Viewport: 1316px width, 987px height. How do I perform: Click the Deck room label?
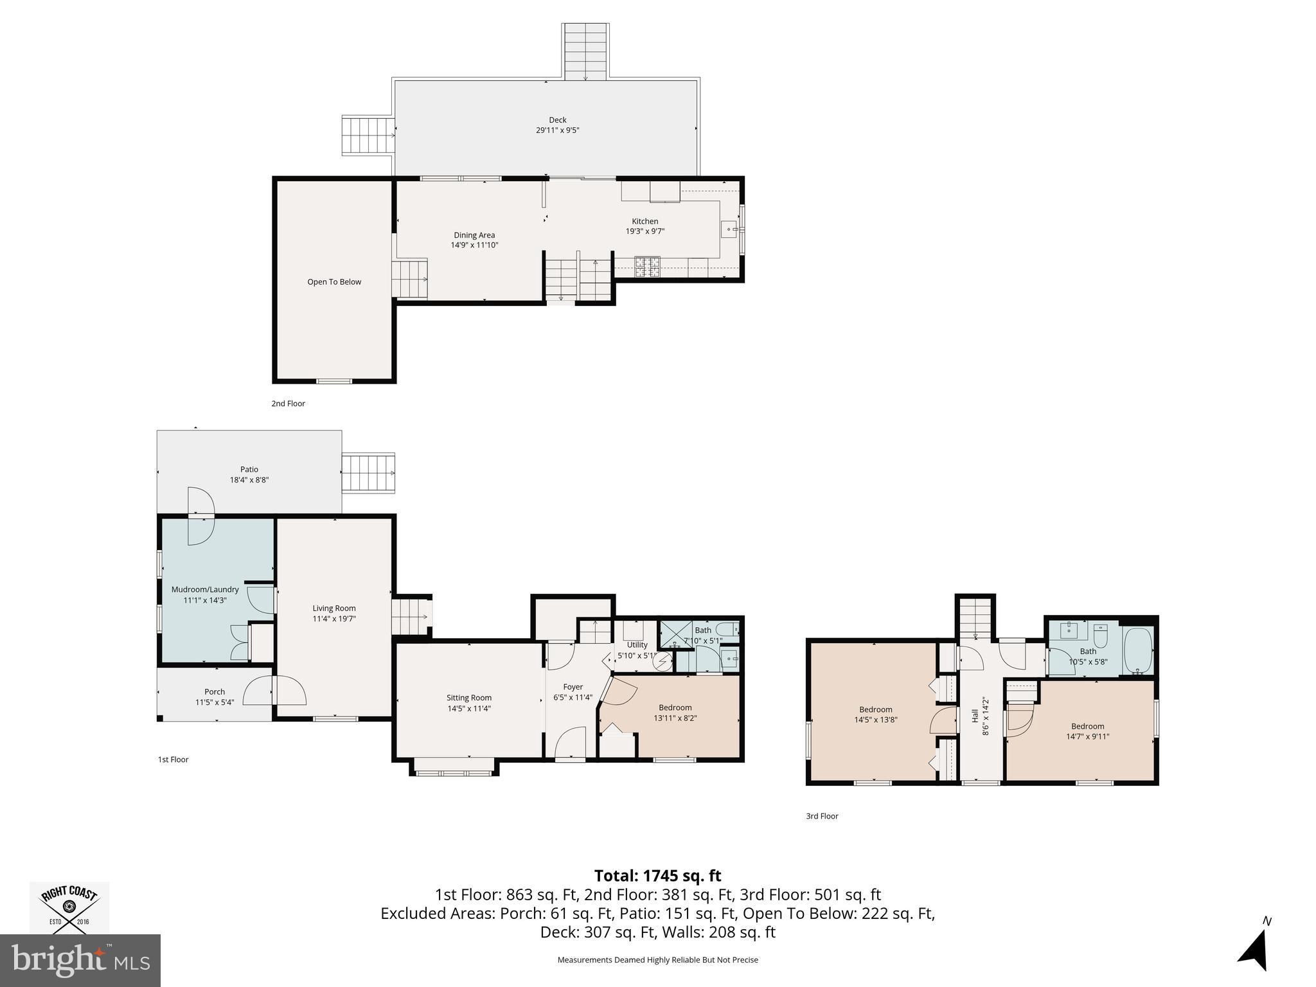[x=558, y=120]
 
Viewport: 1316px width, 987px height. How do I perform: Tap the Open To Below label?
[x=334, y=281]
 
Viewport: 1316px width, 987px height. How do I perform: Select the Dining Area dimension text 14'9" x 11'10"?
[x=475, y=245]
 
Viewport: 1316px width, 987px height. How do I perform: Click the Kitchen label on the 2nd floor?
[x=645, y=221]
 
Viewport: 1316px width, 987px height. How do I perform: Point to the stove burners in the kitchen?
[x=648, y=267]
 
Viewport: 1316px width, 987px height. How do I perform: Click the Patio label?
[x=249, y=469]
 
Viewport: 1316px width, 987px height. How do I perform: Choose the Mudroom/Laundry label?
[x=205, y=589]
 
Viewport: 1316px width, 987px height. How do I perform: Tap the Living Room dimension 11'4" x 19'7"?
[x=334, y=619]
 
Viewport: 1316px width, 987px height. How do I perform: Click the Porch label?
[x=215, y=692]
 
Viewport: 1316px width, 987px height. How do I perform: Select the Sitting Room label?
[x=469, y=698]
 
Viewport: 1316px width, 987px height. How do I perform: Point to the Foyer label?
[x=573, y=687]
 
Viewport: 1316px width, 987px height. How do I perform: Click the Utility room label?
[x=637, y=645]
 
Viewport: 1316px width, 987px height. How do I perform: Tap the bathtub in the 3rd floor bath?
[x=1138, y=650]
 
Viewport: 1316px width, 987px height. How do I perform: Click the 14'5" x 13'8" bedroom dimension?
[x=876, y=720]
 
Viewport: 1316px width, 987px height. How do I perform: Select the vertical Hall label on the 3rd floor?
[x=975, y=715]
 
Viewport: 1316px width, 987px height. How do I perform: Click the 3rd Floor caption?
[x=822, y=816]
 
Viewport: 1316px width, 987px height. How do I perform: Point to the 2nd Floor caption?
[x=288, y=404]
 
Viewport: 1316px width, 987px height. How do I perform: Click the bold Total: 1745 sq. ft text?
[x=657, y=876]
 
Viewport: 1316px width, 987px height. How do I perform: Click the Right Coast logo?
[x=69, y=907]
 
